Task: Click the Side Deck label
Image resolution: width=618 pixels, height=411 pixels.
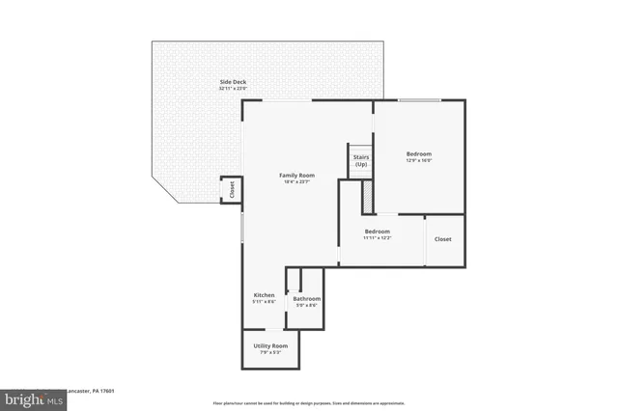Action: (232, 82)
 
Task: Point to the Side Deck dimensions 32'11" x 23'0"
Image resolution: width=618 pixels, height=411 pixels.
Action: (232, 89)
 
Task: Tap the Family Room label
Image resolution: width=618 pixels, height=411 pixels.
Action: (295, 175)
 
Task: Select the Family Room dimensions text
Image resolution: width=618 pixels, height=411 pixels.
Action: (295, 181)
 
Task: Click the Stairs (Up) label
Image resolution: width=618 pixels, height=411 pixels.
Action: (361, 160)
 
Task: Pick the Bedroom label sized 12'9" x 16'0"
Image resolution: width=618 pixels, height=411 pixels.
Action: (418, 153)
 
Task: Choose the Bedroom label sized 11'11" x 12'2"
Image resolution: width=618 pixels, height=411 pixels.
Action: (377, 232)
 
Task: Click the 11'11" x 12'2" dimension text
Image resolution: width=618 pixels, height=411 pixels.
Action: (377, 238)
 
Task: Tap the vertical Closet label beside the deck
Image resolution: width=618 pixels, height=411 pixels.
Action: (232, 190)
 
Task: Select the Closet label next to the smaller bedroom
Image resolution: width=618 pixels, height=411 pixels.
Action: (443, 239)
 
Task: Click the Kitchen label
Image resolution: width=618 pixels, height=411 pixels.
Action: (264, 295)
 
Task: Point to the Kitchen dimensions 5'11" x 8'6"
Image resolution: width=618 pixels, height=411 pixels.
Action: (264, 302)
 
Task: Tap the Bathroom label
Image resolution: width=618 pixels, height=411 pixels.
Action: (307, 299)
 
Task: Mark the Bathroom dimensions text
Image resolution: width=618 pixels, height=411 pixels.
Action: (307, 306)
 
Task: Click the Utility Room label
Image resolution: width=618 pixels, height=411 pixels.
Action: (270, 345)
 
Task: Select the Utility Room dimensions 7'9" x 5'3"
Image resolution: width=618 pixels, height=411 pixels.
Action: (270, 352)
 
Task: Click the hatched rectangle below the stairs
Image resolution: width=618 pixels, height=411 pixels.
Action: (367, 197)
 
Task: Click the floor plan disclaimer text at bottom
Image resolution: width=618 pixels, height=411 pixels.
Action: (309, 402)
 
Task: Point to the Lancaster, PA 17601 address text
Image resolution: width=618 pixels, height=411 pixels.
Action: (92, 392)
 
